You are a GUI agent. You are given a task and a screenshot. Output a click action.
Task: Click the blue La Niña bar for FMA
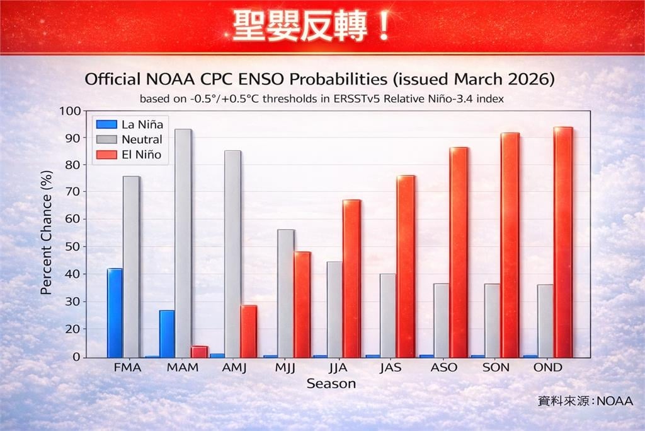point(115,313)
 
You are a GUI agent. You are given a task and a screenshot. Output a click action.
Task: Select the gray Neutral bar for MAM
point(183,244)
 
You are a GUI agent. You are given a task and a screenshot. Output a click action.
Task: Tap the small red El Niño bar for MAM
point(199,351)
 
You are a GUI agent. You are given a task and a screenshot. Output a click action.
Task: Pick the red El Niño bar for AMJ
point(249,331)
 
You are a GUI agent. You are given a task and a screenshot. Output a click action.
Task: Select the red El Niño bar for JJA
point(351,278)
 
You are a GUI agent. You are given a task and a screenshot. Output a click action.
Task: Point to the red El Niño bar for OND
point(562,242)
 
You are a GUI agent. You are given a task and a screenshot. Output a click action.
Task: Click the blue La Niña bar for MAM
point(167,334)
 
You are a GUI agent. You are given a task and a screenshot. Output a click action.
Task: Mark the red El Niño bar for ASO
point(459,252)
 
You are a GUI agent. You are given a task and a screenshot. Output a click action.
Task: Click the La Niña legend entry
point(130,124)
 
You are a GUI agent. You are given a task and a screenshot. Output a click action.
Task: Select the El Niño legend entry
point(129,154)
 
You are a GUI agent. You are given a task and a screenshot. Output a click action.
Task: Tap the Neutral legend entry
point(129,139)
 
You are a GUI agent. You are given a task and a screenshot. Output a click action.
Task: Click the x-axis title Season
point(331,384)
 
